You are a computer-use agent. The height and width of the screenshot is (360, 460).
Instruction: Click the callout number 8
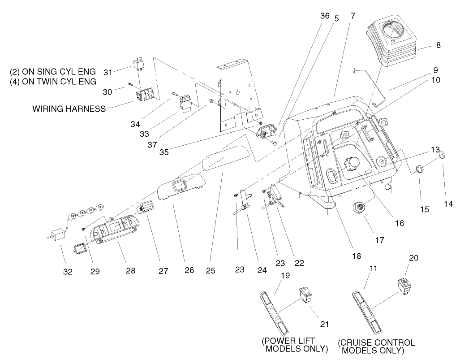tap(439, 45)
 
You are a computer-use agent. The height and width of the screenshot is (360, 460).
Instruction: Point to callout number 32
tap(63, 271)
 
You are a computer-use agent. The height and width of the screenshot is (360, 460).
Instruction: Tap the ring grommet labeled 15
tap(420, 170)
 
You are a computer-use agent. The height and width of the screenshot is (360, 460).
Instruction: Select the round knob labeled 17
tap(360, 207)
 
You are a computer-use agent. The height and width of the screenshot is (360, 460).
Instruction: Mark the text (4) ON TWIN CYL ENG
tap(53, 82)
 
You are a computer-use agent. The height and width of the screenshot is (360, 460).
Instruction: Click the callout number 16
tap(399, 223)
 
